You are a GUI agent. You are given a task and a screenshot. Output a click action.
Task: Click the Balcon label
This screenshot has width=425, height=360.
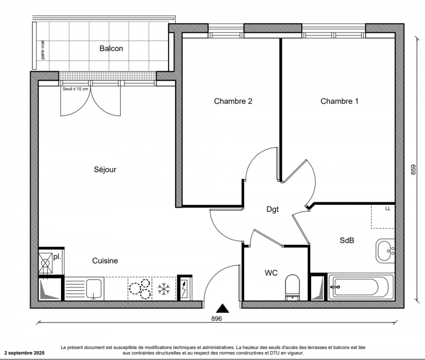coord(111,48)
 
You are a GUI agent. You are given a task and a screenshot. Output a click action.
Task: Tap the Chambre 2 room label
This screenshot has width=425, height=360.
coord(233,101)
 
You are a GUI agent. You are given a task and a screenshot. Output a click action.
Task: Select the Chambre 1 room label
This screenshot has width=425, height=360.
coord(340,101)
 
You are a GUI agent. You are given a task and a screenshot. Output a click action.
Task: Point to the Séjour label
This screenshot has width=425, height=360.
coord(105,170)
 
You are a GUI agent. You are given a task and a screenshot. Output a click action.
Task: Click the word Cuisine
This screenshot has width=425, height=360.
coord(105,261)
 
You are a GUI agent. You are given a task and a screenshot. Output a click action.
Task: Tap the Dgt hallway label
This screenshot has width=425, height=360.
coord(273,209)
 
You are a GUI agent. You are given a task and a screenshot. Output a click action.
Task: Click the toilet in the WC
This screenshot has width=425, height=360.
coord(292,288)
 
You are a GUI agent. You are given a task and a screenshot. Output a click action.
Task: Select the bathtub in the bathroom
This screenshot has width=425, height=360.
coord(361,287)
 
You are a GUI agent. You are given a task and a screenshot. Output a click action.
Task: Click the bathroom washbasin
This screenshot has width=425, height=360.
coord(385,251)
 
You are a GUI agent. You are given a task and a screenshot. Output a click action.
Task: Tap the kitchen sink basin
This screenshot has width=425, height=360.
coord(94,288)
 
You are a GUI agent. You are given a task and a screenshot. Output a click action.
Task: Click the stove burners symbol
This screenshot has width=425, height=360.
coord(140,289)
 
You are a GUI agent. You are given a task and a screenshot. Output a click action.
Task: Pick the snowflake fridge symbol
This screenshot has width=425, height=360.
coord(164,289)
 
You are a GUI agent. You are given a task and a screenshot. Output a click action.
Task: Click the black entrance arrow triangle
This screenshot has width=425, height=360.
coord(222,308)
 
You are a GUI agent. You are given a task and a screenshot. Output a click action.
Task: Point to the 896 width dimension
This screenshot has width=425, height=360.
coord(217,319)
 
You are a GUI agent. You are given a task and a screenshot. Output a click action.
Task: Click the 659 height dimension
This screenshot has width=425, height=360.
coord(413,170)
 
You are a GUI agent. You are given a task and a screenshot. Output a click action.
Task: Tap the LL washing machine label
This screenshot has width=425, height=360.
coord(388,209)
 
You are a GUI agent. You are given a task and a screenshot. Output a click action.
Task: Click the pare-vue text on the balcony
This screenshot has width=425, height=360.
coord(43,50)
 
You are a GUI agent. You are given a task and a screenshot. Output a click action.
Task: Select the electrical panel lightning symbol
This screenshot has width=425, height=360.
coord(184,289)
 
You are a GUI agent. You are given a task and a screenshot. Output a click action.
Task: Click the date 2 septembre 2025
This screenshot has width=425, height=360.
coord(24,353)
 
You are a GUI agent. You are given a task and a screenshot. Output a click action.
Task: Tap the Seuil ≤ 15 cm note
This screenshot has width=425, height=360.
coord(76,89)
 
